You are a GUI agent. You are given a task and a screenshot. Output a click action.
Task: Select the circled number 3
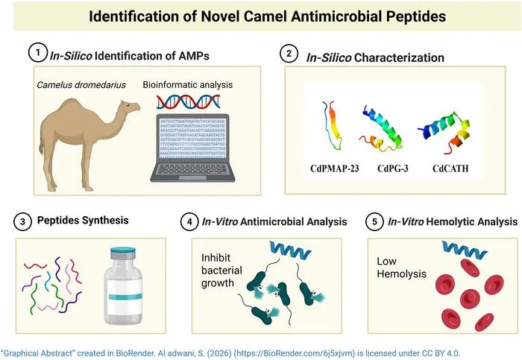[24, 221]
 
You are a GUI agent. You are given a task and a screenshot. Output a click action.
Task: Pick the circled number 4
[191, 221]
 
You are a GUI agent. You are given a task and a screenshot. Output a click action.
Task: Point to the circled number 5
[377, 221]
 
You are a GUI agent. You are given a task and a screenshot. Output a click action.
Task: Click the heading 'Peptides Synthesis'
[84, 221]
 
